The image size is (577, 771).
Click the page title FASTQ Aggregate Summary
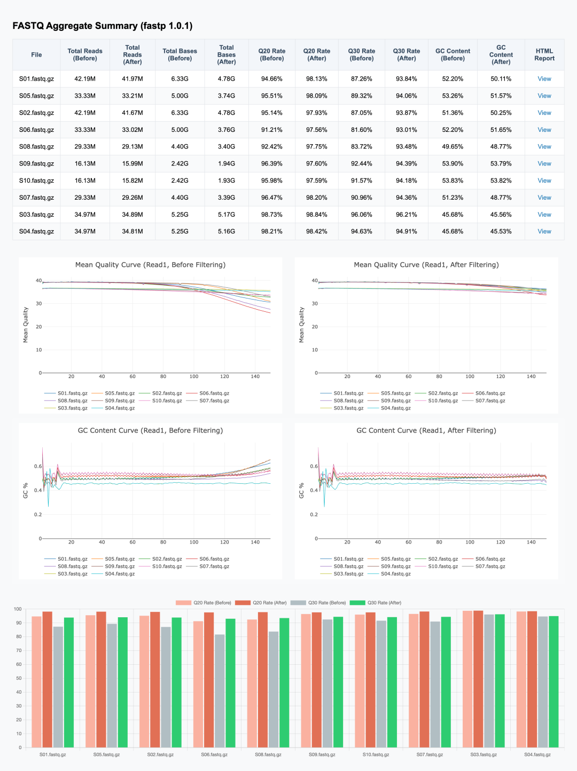[102, 26]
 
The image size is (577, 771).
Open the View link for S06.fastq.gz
[544, 130]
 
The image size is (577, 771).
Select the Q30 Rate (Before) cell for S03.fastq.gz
[361, 215]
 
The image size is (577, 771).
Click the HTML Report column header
[544, 54]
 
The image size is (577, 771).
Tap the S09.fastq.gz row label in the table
[36, 163]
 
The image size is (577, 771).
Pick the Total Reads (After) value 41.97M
[132, 79]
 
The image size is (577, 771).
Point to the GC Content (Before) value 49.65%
[452, 146]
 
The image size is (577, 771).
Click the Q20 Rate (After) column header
[316, 54]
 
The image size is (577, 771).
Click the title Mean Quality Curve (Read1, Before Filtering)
[150, 265]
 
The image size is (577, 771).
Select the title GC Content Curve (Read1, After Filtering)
[426, 430]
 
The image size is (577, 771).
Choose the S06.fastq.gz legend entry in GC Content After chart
[489, 559]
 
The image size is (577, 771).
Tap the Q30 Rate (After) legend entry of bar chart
[384, 603]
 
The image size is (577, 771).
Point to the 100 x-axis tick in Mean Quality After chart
[470, 376]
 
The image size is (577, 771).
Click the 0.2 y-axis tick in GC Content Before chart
[38, 515]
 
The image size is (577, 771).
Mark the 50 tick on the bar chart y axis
[18, 678]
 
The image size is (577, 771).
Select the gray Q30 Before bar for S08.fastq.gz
[274, 689]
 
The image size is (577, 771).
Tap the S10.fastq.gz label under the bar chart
[376, 754]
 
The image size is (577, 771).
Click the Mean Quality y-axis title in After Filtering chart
[301, 325]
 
